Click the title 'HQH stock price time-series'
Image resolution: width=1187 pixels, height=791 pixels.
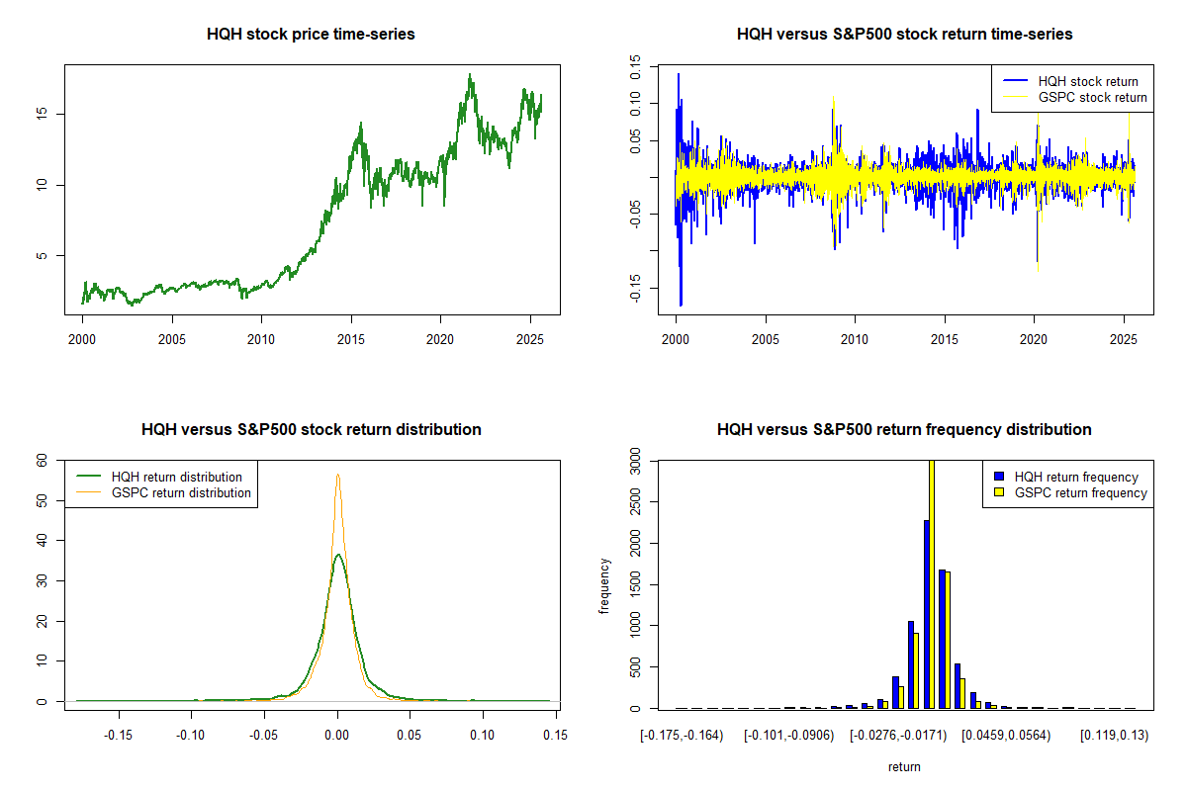(x=311, y=35)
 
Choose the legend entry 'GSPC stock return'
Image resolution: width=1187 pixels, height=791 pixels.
(x=1092, y=97)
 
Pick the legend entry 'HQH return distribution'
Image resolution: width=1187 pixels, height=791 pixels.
(x=177, y=477)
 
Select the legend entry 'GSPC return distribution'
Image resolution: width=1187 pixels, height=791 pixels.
(x=181, y=492)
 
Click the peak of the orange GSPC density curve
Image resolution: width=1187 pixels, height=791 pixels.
(x=337, y=475)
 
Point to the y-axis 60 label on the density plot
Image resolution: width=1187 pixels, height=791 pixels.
(x=42, y=461)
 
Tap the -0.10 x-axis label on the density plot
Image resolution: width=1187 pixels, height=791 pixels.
(x=192, y=735)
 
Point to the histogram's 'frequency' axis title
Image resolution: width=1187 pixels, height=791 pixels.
(x=604, y=586)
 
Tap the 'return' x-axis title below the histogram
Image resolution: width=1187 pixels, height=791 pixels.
(x=904, y=766)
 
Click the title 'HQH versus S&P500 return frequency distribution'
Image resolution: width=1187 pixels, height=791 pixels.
(x=904, y=430)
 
